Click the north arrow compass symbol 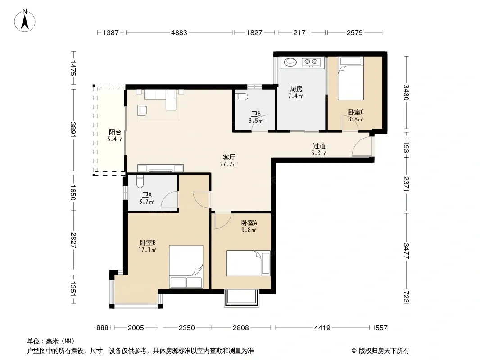click(x=25, y=21)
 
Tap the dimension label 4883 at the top click(x=179, y=32)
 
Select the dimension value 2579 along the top click(x=355, y=32)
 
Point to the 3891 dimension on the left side click(x=73, y=130)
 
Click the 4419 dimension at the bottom click(x=322, y=328)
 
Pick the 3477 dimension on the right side click(x=406, y=251)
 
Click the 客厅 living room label click(x=229, y=157)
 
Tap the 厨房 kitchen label click(x=296, y=89)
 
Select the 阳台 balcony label click(x=115, y=132)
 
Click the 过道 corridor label click(x=319, y=146)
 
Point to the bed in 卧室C click(x=351, y=79)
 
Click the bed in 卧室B click(x=186, y=266)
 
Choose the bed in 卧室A click(x=248, y=263)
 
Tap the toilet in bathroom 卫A click(x=140, y=182)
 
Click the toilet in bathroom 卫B click(x=241, y=97)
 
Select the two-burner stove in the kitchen click(x=311, y=63)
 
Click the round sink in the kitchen click(x=290, y=62)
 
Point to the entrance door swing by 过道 click(x=362, y=147)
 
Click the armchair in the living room click(x=142, y=110)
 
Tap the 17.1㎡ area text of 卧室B click(x=147, y=250)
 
